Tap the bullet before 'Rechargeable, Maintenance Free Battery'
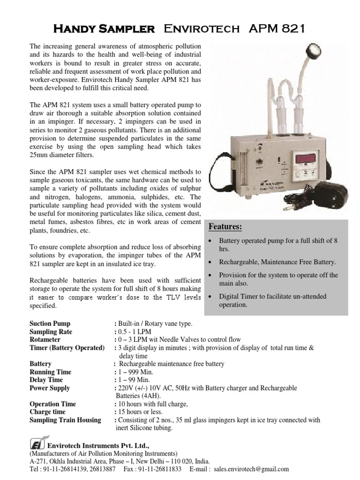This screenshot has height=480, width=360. (x=209, y=262)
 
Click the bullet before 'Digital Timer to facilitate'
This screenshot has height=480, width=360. (x=209, y=297)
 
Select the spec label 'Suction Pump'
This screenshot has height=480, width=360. (x=50, y=324)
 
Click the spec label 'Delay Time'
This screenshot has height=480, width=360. (x=46, y=380)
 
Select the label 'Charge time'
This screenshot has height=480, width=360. (x=48, y=412)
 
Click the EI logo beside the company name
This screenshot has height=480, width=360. (x=35, y=444)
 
